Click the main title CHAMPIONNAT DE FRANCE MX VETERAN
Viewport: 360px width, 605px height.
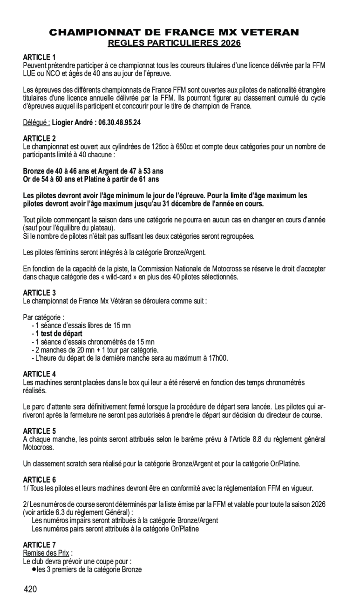click(x=174, y=32)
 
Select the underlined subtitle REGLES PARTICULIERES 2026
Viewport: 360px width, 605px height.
click(x=174, y=43)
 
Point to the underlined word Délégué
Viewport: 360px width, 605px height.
click(x=36, y=123)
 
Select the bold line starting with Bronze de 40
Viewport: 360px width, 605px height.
click(x=93, y=171)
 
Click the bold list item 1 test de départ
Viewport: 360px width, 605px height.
click(x=59, y=334)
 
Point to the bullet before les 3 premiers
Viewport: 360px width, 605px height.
click(x=34, y=569)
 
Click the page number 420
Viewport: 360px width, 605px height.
click(x=30, y=590)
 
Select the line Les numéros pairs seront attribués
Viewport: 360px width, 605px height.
click(x=115, y=529)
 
